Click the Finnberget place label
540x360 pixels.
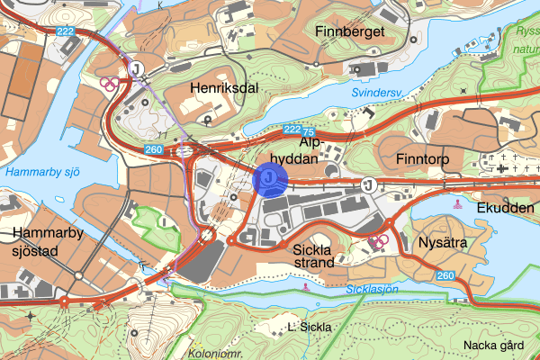pos(350,32)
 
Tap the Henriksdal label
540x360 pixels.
pos(224,87)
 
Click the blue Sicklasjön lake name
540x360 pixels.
pos(372,289)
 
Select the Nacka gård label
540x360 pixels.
pos(493,346)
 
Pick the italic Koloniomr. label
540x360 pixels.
pos(216,354)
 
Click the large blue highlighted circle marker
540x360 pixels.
pos(270,179)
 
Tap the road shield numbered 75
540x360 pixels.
pos(310,131)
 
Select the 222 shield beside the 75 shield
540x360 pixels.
pos(290,130)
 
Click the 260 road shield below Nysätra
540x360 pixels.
pos(445,275)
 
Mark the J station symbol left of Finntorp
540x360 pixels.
pos(368,184)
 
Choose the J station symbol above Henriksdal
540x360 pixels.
pos(136,67)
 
